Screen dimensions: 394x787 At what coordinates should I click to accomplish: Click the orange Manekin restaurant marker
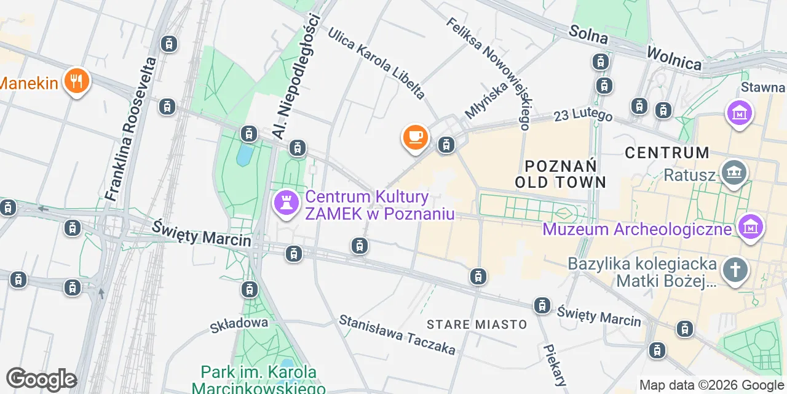pyautogui.click(x=76, y=81)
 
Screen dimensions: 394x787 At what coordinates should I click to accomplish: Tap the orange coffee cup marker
pyautogui.click(x=415, y=136)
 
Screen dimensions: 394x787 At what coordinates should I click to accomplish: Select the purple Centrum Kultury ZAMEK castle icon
pyautogui.click(x=285, y=204)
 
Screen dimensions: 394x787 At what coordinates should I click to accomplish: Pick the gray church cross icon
pyautogui.click(x=735, y=271)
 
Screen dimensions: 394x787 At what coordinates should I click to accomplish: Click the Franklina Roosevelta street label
pyautogui.click(x=131, y=129)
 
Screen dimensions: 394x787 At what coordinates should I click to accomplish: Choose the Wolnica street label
pyautogui.click(x=673, y=57)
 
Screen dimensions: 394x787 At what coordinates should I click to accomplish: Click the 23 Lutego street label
pyautogui.click(x=583, y=115)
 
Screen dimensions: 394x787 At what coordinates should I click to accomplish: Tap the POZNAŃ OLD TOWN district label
pyautogui.click(x=561, y=173)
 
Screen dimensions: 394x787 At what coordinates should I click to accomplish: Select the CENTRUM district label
pyautogui.click(x=667, y=153)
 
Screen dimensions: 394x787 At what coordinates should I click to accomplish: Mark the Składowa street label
pyautogui.click(x=239, y=323)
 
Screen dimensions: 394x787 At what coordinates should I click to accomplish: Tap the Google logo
pyautogui.click(x=42, y=380)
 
